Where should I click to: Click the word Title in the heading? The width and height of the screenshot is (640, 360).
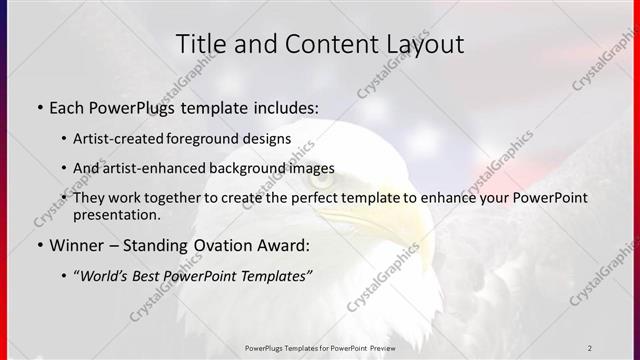pos(200,44)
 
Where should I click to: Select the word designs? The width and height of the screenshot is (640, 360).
pos(267,139)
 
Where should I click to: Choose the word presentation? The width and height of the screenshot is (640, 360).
pos(116,214)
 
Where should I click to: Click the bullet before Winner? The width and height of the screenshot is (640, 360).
pos(38,244)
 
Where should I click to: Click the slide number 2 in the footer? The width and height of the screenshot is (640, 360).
pos(590,348)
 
